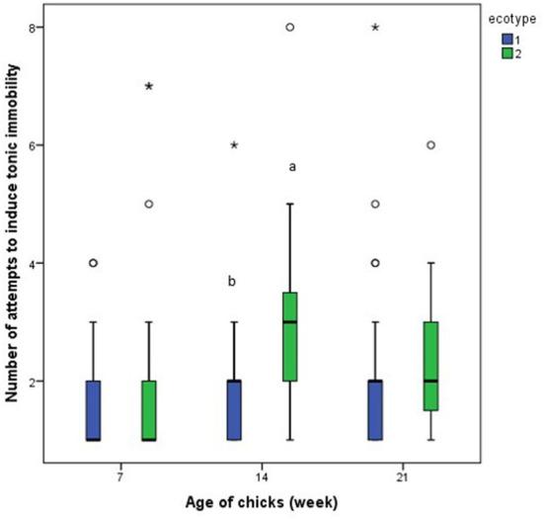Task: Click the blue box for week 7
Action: pyautogui.click(x=93, y=410)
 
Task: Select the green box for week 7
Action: pyautogui.click(x=149, y=410)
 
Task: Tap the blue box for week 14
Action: pyautogui.click(x=234, y=410)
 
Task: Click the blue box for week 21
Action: pyautogui.click(x=375, y=410)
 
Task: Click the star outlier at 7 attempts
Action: pyautogui.click(x=149, y=87)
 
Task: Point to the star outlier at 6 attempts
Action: pyautogui.click(x=234, y=145)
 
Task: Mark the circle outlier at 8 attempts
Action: pyautogui.click(x=290, y=28)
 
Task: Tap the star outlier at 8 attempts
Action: pyautogui.click(x=375, y=28)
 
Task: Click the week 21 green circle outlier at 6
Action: pyautogui.click(x=431, y=145)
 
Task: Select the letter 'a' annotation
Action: pyautogui.click(x=292, y=167)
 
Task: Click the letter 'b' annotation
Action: pyautogui.click(x=232, y=282)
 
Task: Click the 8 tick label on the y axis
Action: pyautogui.click(x=32, y=28)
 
